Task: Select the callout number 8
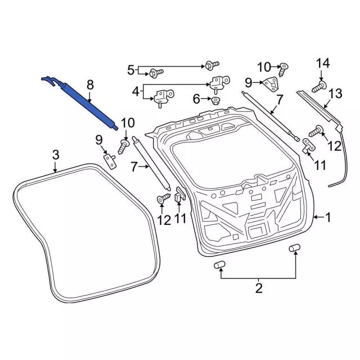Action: (x=90, y=84)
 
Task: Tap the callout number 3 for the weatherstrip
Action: (x=56, y=155)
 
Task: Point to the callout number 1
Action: (x=328, y=217)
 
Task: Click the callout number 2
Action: (x=259, y=288)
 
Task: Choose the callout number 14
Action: (x=323, y=63)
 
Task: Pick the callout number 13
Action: (x=335, y=94)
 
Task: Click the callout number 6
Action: (x=196, y=99)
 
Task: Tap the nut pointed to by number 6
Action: (x=215, y=101)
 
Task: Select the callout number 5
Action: (x=130, y=70)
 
